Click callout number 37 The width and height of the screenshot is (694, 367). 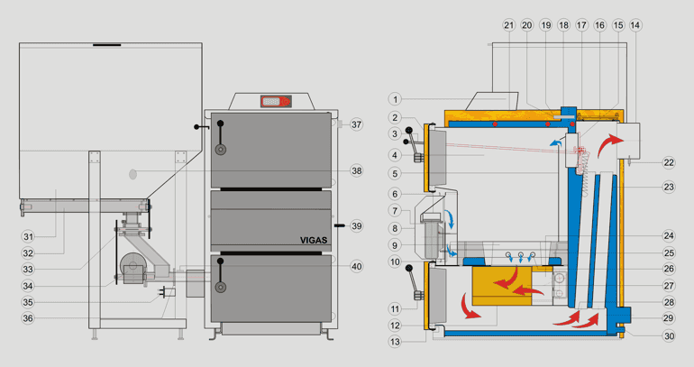click(356, 124)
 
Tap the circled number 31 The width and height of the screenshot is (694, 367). click(28, 237)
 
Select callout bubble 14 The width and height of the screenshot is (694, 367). click(635, 25)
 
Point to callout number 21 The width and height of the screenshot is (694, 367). click(509, 25)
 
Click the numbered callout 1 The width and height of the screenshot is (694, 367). click(396, 99)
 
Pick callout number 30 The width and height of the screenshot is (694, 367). click(669, 336)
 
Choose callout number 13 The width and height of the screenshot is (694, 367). click(396, 342)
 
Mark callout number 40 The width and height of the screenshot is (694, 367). click(356, 267)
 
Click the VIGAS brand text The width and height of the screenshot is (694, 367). click(314, 241)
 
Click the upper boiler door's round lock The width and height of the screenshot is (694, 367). click(221, 150)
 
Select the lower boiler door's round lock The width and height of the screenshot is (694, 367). click(221, 288)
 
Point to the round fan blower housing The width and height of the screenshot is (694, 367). click(132, 267)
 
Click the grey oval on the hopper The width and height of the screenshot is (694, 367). click(132, 174)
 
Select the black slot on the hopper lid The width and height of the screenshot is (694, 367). click(106, 45)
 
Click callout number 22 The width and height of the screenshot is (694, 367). click(669, 163)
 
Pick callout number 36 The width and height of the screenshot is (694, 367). click(28, 318)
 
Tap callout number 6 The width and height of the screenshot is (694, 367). click(396, 194)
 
